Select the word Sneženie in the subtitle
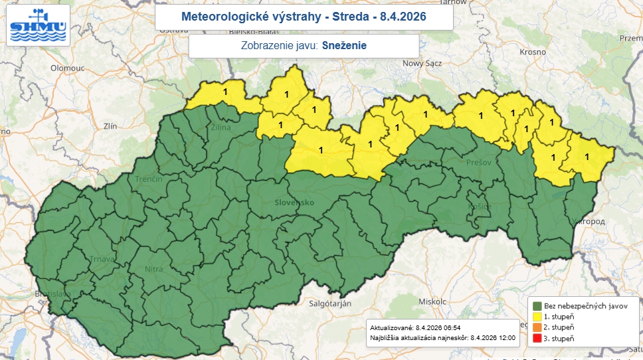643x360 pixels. (x=344, y=46)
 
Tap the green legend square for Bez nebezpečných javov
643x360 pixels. (x=537, y=306)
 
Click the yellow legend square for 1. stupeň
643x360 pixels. (x=537, y=317)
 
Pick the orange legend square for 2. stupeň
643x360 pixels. (x=537, y=328)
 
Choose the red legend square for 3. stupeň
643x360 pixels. (x=537, y=339)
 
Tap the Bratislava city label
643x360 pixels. (x=52, y=294)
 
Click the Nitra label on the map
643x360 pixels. (x=153, y=270)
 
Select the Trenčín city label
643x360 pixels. (x=149, y=180)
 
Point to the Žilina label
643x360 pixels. (x=222, y=127)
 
